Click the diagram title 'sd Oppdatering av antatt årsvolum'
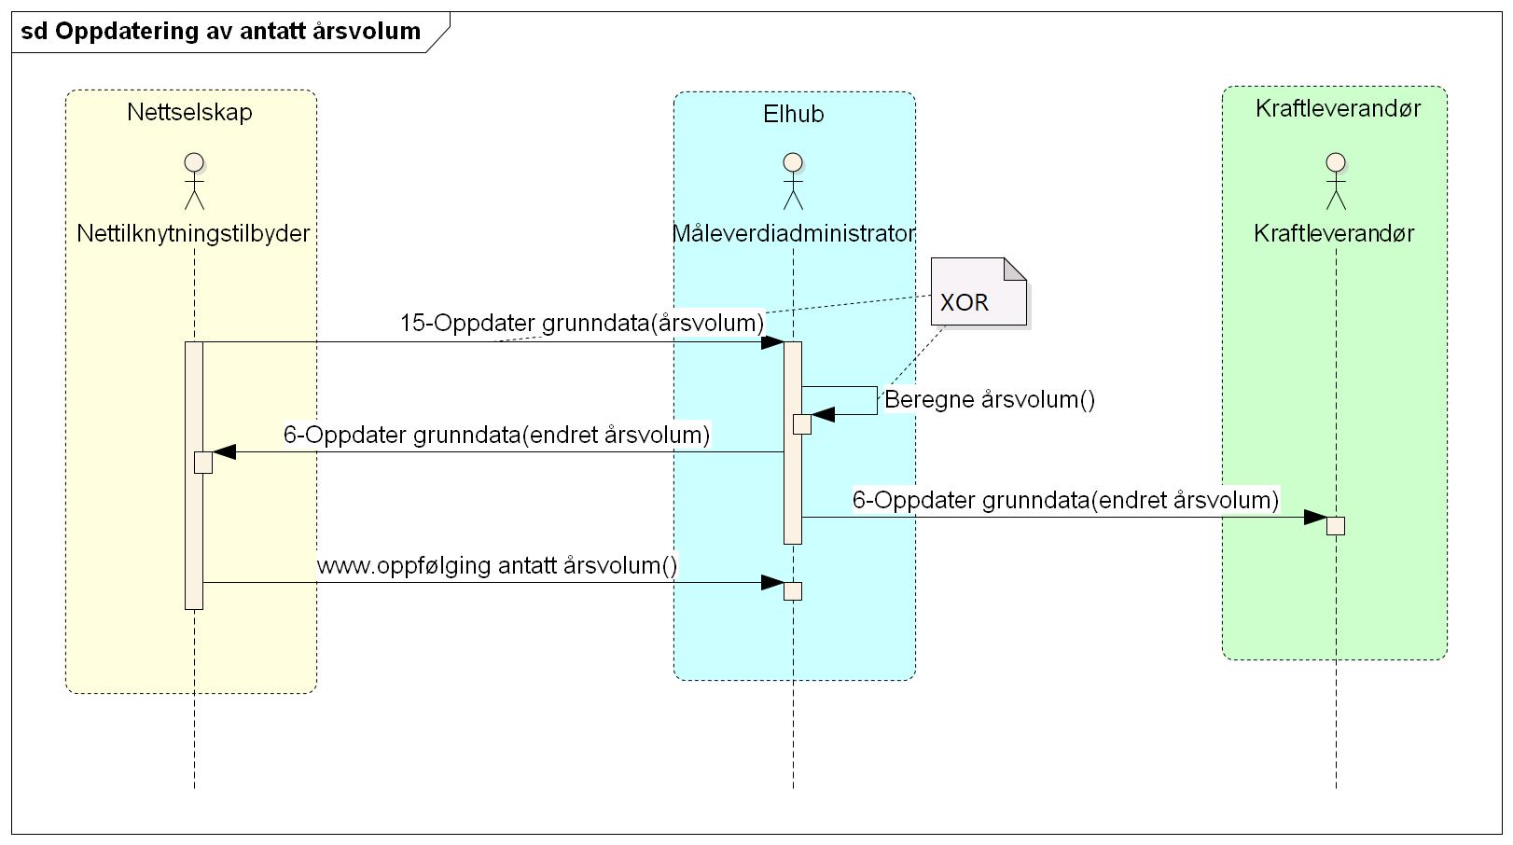click(x=221, y=32)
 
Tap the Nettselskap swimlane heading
click(x=190, y=113)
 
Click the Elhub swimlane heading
click(x=794, y=115)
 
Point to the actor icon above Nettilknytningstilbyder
click(x=194, y=181)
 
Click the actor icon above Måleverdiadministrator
click(x=793, y=181)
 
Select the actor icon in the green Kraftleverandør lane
click(x=1336, y=181)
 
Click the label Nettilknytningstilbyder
click(x=193, y=233)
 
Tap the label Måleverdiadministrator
click(x=794, y=233)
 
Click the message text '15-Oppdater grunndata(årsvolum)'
click(x=582, y=324)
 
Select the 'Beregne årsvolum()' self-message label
click(x=990, y=400)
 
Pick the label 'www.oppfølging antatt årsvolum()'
click(x=497, y=566)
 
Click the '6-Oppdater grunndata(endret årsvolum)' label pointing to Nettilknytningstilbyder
click(x=496, y=436)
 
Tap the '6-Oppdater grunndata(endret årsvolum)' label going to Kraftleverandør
click(x=1065, y=501)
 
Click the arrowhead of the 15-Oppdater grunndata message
click(x=772, y=342)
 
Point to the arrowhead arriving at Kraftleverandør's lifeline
click(x=1315, y=518)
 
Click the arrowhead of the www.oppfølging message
click(x=772, y=584)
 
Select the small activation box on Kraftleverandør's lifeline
click(x=1336, y=525)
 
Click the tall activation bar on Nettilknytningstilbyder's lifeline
click(x=194, y=541)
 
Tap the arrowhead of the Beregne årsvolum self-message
click(x=823, y=415)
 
